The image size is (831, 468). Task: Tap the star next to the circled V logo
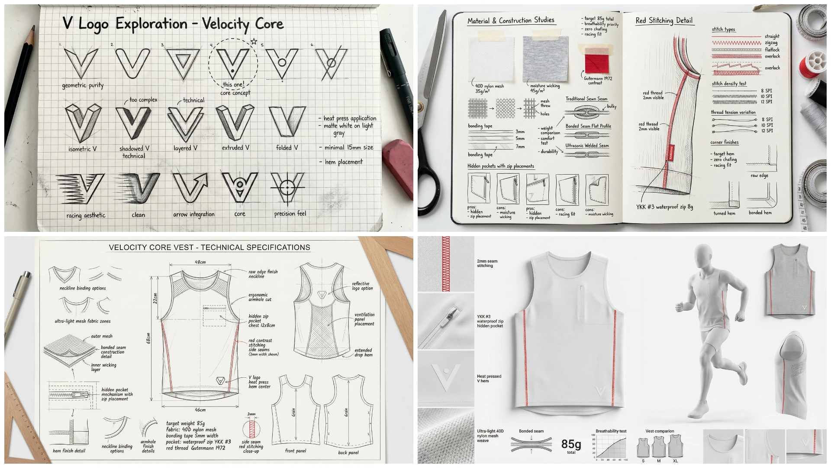click(254, 42)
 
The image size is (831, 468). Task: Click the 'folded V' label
click(287, 148)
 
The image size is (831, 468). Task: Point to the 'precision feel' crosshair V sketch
click(287, 188)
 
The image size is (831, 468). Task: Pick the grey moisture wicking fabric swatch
click(545, 58)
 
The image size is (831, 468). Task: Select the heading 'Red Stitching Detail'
click(664, 20)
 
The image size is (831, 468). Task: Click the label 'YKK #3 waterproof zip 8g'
click(664, 207)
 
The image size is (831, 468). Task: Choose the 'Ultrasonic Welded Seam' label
click(587, 146)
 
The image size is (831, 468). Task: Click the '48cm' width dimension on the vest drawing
click(200, 262)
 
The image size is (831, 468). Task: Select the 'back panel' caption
click(348, 452)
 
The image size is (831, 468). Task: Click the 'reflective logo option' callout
click(362, 286)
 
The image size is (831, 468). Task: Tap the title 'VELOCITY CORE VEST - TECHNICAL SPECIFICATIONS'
click(209, 248)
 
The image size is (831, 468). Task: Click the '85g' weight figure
click(571, 444)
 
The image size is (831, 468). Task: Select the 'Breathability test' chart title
click(611, 431)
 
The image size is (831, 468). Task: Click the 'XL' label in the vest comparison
click(675, 461)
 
